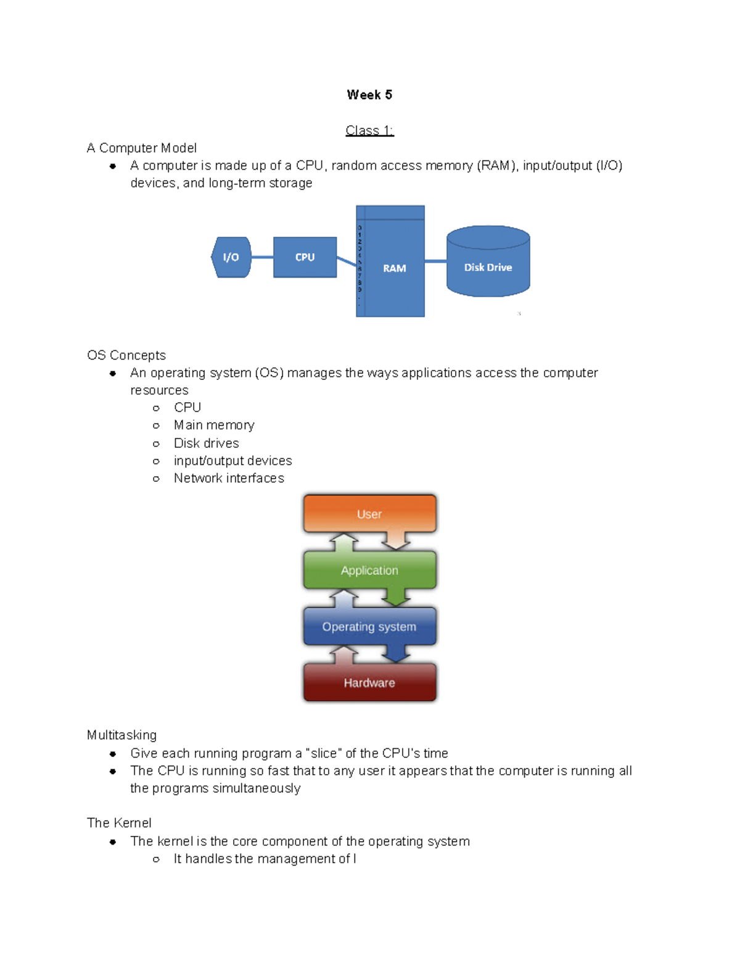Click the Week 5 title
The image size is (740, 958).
point(369,95)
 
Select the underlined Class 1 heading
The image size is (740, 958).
point(369,131)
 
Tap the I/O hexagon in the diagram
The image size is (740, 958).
point(231,257)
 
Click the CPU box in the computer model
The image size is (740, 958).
point(305,257)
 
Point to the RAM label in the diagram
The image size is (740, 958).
point(394,268)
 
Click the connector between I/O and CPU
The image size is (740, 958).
point(262,257)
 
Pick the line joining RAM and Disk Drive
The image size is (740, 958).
point(435,262)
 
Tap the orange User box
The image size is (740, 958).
point(369,514)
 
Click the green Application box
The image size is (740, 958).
point(369,571)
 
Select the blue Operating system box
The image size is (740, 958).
point(369,627)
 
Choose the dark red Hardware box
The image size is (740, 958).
point(369,683)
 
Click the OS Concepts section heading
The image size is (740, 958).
point(126,355)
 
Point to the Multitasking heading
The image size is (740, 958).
point(121,735)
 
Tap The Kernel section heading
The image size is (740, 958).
point(119,823)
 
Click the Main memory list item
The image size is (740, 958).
point(213,425)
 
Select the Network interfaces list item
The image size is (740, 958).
point(229,478)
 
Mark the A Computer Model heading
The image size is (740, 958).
point(142,148)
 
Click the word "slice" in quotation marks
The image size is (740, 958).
point(324,753)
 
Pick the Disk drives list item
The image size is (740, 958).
point(206,443)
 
